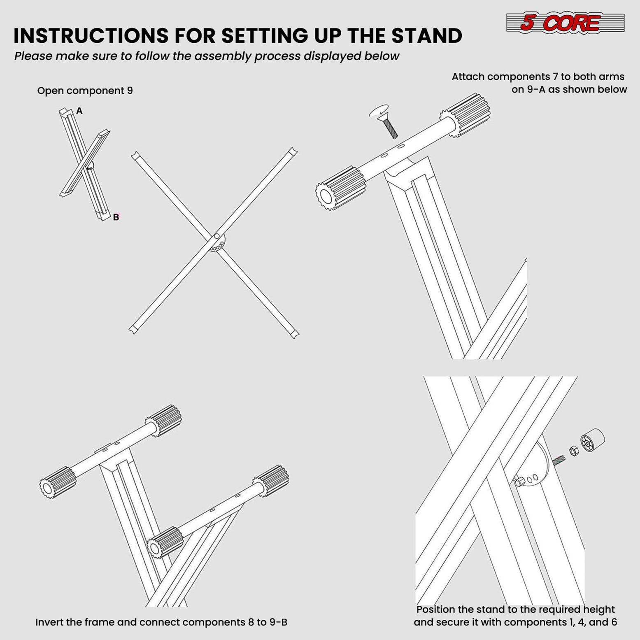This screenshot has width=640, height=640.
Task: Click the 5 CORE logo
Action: (565, 23)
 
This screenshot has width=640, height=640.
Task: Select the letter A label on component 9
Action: (79, 111)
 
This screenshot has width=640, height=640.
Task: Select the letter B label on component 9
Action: (116, 217)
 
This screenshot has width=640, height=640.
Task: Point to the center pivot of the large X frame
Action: (216, 237)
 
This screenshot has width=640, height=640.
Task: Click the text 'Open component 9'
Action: (85, 91)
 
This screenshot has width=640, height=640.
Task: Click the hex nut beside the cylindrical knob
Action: (574, 451)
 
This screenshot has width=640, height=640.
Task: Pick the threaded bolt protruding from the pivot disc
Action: (559, 460)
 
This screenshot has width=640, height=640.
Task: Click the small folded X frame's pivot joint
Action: (90, 166)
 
